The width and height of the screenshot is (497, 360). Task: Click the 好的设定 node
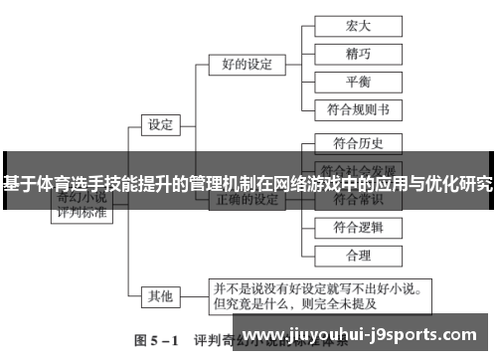245,66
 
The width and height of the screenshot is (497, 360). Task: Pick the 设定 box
160,125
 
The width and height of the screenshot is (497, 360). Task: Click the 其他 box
160,295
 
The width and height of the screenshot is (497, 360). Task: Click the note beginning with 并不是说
316,294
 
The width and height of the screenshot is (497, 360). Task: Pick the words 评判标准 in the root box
83,213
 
